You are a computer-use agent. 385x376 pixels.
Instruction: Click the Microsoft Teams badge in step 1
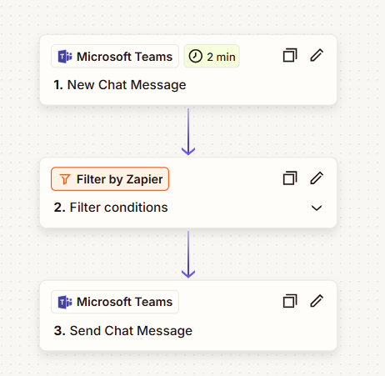[x=115, y=57]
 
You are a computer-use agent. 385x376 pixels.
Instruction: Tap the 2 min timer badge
[x=212, y=57]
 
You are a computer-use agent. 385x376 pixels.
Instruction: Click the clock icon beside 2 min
[x=196, y=57]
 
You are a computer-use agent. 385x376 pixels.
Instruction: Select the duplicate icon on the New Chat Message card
[x=290, y=55]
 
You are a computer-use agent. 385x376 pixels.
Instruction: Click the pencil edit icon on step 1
[x=317, y=55]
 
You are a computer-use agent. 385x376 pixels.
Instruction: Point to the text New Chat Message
[x=127, y=85]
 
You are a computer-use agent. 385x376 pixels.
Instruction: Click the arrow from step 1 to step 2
[x=188, y=132]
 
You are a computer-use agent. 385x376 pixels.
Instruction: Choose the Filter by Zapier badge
[x=110, y=179]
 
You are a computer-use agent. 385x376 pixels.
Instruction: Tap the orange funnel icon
[x=65, y=179]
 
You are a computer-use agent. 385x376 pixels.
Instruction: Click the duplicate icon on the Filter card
[x=290, y=178]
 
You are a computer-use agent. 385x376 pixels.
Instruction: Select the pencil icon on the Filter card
[x=317, y=178]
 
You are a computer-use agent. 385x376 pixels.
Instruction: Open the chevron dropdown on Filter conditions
[x=317, y=208]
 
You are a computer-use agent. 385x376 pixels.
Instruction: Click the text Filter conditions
[x=119, y=208]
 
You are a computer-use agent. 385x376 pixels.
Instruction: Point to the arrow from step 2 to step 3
[x=188, y=254]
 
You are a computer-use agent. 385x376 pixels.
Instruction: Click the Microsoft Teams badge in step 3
[x=115, y=302]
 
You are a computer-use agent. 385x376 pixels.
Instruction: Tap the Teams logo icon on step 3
[x=65, y=302]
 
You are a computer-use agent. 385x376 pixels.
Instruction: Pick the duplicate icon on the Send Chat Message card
[x=290, y=301]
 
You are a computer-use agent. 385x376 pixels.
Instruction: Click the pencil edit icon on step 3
[x=317, y=301]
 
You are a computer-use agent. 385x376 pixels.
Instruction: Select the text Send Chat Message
[x=131, y=331]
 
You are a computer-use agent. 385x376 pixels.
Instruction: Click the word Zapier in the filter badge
[x=144, y=179]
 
